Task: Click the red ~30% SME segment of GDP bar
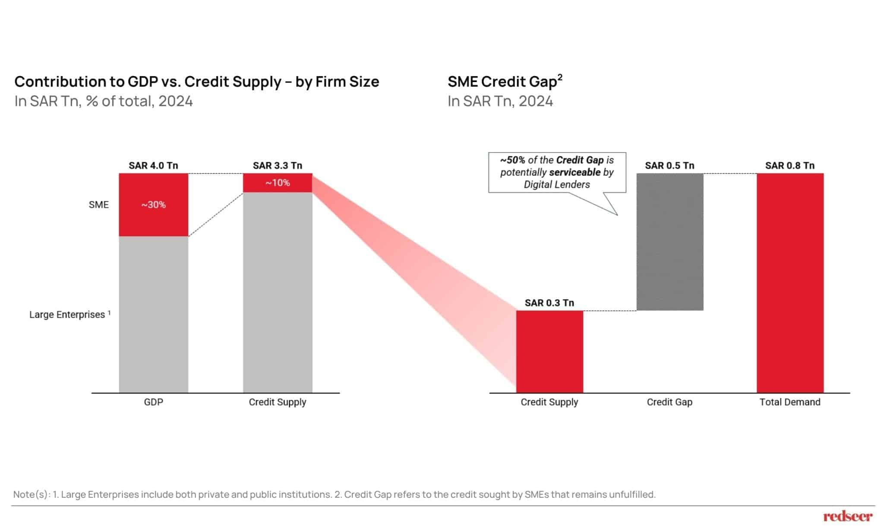[x=154, y=205]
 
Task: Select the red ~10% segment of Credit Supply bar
[x=278, y=183]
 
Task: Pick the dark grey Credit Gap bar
[x=669, y=242]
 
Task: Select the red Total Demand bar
[x=790, y=283]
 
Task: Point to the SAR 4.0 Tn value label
[x=153, y=165]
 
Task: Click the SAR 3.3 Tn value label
[x=278, y=165]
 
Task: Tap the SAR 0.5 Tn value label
[x=669, y=165]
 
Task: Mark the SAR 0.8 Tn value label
[x=790, y=165]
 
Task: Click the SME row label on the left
[x=98, y=205]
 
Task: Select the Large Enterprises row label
[x=67, y=315]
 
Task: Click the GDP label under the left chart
[x=154, y=402]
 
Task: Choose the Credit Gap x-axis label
[x=669, y=402]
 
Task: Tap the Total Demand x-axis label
[x=790, y=402]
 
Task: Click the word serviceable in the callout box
[x=575, y=172]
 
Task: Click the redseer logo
[x=848, y=516]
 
